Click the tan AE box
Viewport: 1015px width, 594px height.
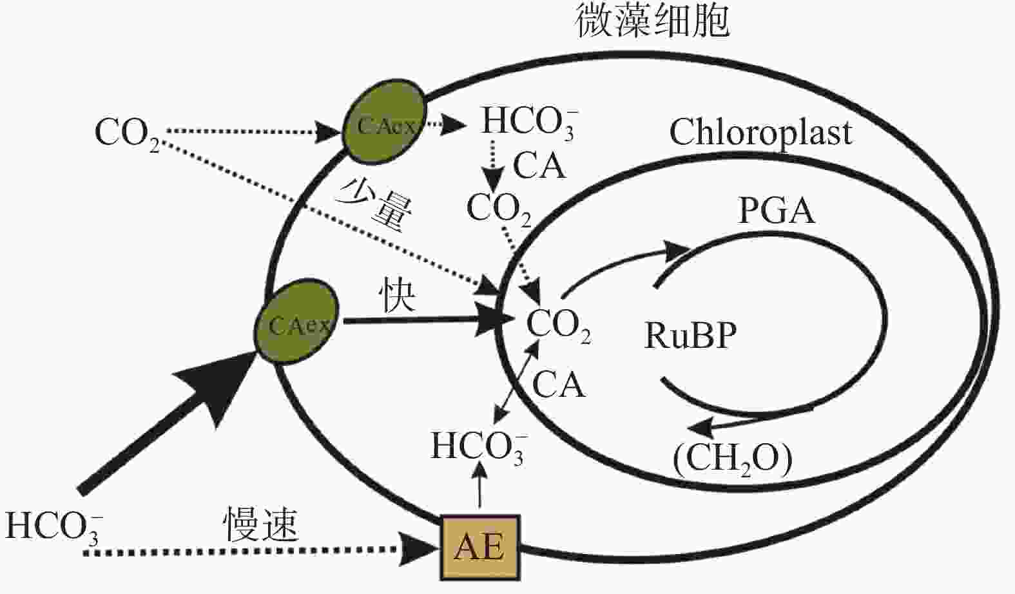tap(480, 546)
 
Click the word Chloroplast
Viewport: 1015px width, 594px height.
tap(760, 133)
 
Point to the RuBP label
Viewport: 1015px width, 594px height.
tap(691, 335)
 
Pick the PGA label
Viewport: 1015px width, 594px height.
tap(776, 211)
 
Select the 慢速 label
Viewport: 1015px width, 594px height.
tap(261, 524)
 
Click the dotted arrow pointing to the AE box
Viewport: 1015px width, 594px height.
tap(258, 551)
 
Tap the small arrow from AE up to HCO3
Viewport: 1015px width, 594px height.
tap(479, 486)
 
